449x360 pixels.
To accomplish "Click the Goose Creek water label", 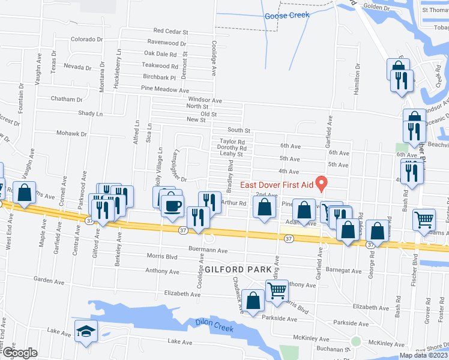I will pyautogui.click(x=287, y=16).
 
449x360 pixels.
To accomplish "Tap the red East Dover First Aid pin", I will pyautogui.click(x=322, y=181).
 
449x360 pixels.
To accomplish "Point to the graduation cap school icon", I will pyautogui.click(x=86, y=331).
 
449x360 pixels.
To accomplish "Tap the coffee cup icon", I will pyautogui.click(x=172, y=205).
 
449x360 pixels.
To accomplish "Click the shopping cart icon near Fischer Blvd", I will pyautogui.click(x=424, y=220).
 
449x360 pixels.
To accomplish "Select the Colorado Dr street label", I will pyautogui.click(x=87, y=39).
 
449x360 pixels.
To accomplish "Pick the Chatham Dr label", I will pyautogui.click(x=67, y=99).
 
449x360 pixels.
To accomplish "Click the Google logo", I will pyautogui.click(x=19, y=353).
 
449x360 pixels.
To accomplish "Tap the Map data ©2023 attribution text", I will pyautogui.click(x=423, y=355).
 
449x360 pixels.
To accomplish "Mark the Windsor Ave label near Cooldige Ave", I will pyautogui.click(x=205, y=100).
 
